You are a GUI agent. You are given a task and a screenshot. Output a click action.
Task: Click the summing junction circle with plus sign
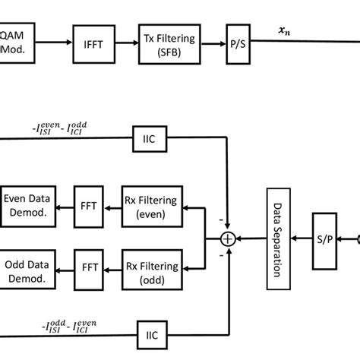(x=226, y=238)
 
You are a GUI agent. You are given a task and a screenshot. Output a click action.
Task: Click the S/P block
(x=324, y=239)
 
